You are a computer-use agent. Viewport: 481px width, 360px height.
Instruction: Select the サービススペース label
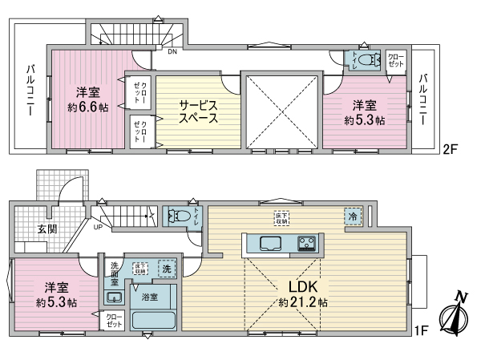(198, 111)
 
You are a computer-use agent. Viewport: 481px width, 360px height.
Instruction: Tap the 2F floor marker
(450, 149)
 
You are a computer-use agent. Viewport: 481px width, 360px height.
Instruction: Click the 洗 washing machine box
(165, 269)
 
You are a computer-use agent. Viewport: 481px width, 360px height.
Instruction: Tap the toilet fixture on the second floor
(366, 59)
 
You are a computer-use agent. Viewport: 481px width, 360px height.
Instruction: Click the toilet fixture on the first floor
(178, 216)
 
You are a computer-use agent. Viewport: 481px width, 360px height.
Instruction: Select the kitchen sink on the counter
(269, 243)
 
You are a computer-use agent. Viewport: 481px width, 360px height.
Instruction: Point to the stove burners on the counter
(306, 243)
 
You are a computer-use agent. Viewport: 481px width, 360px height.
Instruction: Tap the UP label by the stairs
(98, 227)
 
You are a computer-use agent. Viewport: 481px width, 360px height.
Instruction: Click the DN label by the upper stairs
(171, 53)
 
